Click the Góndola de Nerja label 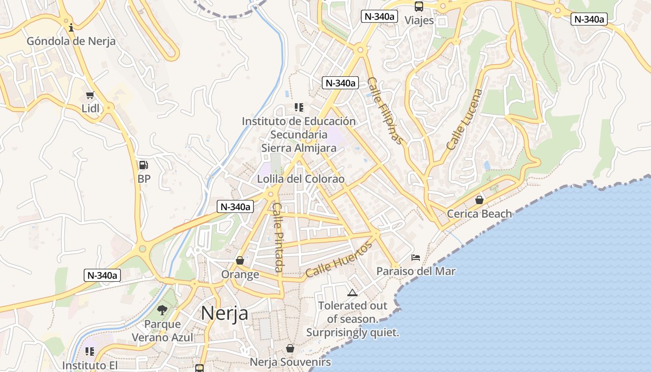click(x=71, y=41)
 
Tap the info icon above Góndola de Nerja click(x=71, y=27)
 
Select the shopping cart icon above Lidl click(x=90, y=95)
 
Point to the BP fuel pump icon click(x=144, y=165)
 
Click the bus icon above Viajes click(x=419, y=7)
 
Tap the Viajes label click(x=419, y=20)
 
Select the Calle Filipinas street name click(x=385, y=111)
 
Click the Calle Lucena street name click(x=464, y=119)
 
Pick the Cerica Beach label click(x=479, y=214)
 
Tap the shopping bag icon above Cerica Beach click(x=479, y=200)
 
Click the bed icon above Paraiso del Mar click(x=416, y=257)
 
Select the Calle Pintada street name click(x=278, y=237)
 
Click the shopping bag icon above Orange click(x=240, y=260)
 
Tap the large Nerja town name click(x=225, y=313)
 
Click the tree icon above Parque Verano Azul click(x=162, y=310)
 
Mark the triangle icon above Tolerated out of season click(x=352, y=292)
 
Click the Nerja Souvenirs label click(x=290, y=362)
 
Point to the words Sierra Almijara click(x=299, y=148)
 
